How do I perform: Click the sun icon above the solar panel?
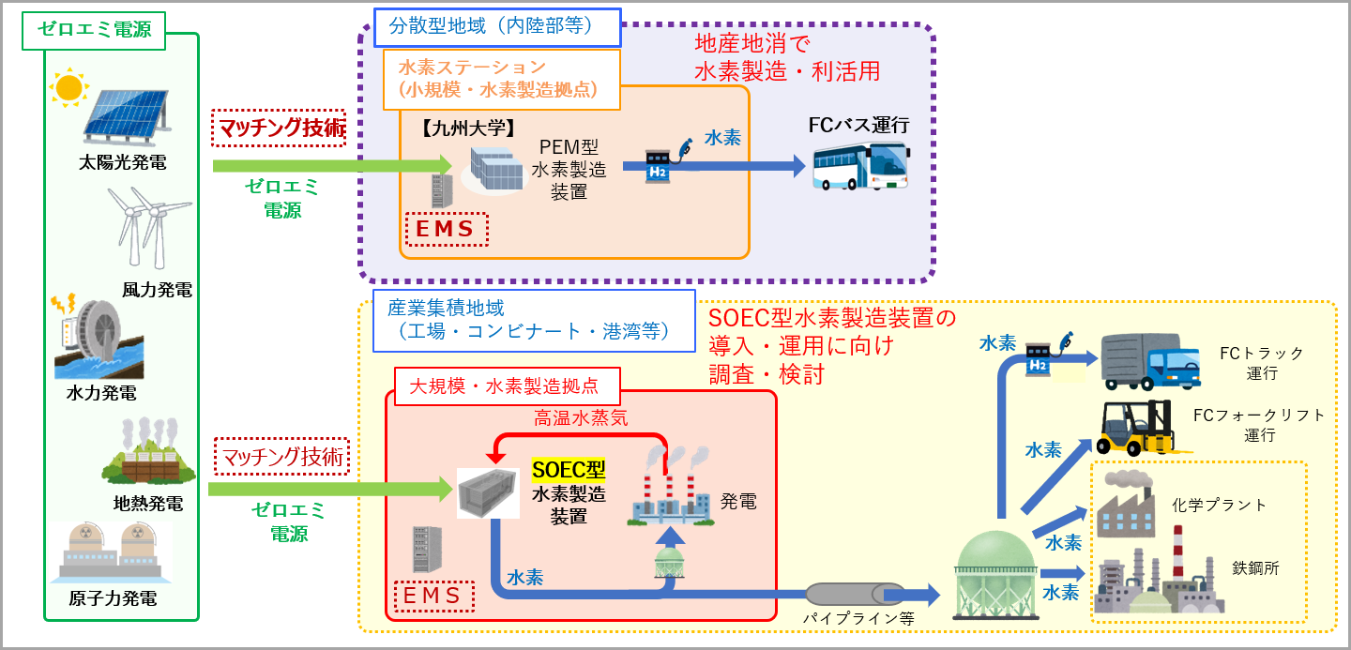coord(68,87)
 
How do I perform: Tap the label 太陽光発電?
coord(123,162)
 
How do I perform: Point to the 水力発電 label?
coord(101,392)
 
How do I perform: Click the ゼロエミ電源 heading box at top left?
coord(94,29)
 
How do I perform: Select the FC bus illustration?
coord(859,166)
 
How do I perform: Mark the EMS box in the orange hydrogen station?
coord(447,229)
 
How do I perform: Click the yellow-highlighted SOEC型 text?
coord(569,469)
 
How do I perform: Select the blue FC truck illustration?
coord(1149,360)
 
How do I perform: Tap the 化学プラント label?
coord(1219,505)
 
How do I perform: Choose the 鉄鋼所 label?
coord(1255,567)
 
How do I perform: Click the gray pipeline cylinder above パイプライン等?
coord(855,594)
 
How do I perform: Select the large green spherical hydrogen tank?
coord(994,572)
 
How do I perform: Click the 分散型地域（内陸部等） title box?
coord(497,26)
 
